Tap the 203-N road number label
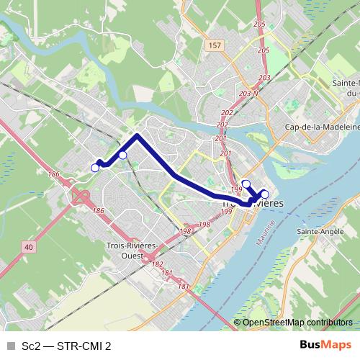click(x=249, y=93)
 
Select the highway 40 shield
click(x=28, y=246)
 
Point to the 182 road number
click(x=157, y=264)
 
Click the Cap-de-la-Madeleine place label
click(x=321, y=126)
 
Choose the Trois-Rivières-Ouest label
click(x=121, y=250)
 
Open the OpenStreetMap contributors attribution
click(x=297, y=323)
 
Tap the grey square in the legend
click(x=9, y=346)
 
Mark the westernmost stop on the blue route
click(x=95, y=168)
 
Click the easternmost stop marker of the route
click(x=264, y=194)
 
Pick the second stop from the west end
click(x=122, y=155)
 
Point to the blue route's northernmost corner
click(x=138, y=135)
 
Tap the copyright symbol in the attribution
click(x=238, y=323)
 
